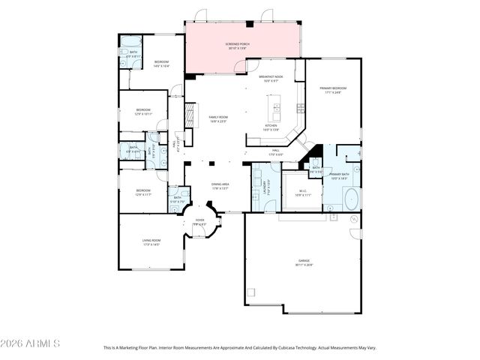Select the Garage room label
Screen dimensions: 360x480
(x=303, y=262)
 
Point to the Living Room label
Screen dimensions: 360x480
(x=151, y=242)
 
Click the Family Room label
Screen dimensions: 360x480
(x=218, y=119)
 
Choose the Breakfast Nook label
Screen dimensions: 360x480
(x=270, y=78)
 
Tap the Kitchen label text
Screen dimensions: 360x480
(x=271, y=127)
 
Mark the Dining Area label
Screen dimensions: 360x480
(x=220, y=185)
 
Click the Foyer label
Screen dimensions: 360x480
(x=199, y=222)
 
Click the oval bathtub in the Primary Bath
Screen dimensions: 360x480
(x=350, y=199)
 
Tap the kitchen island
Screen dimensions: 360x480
(x=274, y=109)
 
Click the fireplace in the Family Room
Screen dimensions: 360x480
(x=189, y=116)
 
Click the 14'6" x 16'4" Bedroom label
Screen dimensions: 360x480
(x=162, y=64)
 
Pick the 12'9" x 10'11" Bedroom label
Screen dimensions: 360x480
(x=143, y=112)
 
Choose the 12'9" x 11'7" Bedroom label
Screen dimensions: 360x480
(x=143, y=193)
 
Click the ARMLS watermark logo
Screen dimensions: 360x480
(x=30, y=343)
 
